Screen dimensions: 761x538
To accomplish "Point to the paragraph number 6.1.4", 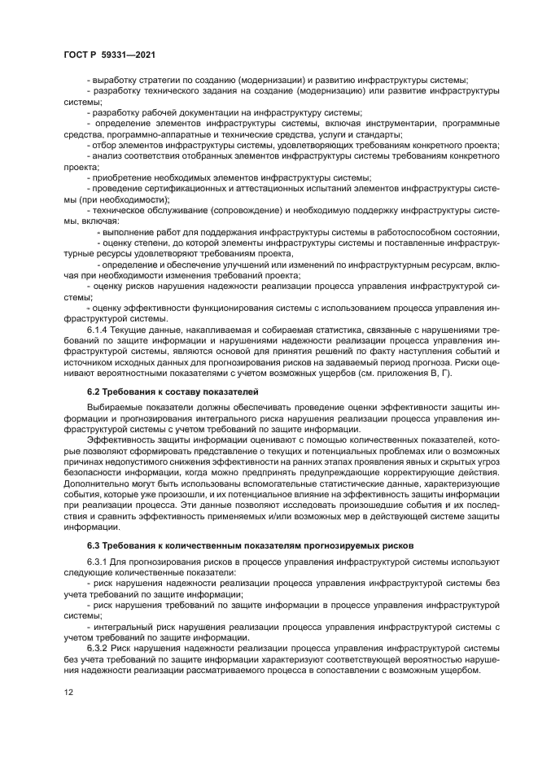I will tap(98, 330).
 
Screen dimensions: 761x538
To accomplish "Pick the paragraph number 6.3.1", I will tap(98, 562).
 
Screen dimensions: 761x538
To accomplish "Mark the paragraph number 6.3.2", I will tap(98, 647).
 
